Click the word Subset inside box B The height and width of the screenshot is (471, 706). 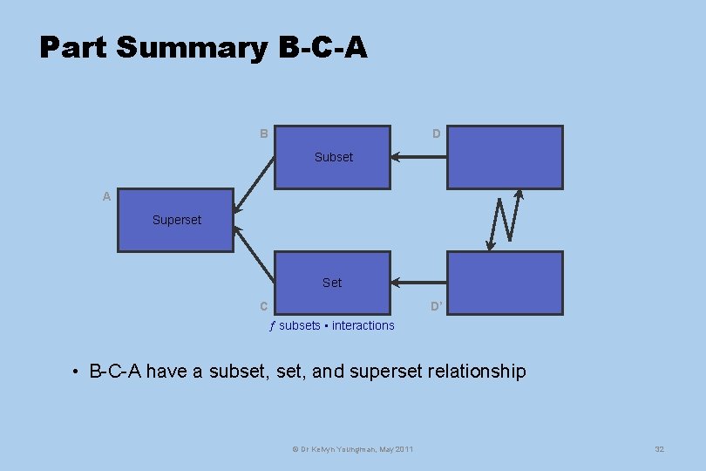pyautogui.click(x=334, y=157)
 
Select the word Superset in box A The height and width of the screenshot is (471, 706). pyautogui.click(x=176, y=220)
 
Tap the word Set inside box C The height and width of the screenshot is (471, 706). pyautogui.click(x=332, y=283)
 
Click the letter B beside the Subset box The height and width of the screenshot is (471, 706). pyautogui.click(x=264, y=134)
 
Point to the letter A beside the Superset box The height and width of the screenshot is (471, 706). pyautogui.click(x=106, y=197)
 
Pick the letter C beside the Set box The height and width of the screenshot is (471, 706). pyautogui.click(x=263, y=306)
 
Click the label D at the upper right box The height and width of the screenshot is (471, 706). pyautogui.click(x=436, y=134)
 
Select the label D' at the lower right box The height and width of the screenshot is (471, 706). pyautogui.click(x=437, y=306)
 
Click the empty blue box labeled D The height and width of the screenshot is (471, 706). pyautogui.click(x=505, y=157)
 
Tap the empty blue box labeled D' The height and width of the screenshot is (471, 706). pyautogui.click(x=505, y=283)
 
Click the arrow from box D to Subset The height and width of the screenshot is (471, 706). pyautogui.click(x=418, y=157)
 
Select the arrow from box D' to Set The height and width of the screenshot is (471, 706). pyautogui.click(x=418, y=283)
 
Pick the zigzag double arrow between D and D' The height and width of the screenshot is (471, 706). pyautogui.click(x=506, y=220)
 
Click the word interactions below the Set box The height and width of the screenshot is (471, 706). pyautogui.click(x=363, y=325)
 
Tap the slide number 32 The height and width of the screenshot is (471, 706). pyautogui.click(x=659, y=448)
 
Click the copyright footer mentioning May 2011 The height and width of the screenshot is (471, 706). pyautogui.click(x=353, y=448)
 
